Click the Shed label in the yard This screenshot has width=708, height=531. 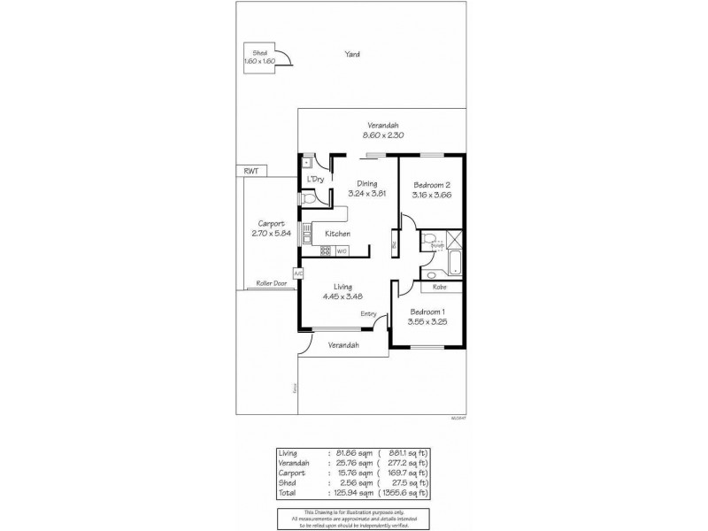[x=259, y=53]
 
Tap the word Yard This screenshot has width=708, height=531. [x=353, y=54]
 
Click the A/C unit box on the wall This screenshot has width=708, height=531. [x=298, y=273]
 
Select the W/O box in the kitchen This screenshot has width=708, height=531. [x=342, y=250]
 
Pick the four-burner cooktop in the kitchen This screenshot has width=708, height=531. [x=325, y=250]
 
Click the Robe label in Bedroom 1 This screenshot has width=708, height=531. [x=439, y=287]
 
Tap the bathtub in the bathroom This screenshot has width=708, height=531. [x=454, y=263]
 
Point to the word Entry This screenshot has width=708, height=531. [x=369, y=314]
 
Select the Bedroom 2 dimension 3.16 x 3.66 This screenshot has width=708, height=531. [x=433, y=195]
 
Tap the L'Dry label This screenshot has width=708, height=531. [x=315, y=180]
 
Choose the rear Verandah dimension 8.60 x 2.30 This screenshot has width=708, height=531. [x=383, y=135]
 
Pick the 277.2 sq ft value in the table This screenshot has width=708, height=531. [x=410, y=461]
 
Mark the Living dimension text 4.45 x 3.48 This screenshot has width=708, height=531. [x=343, y=296]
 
